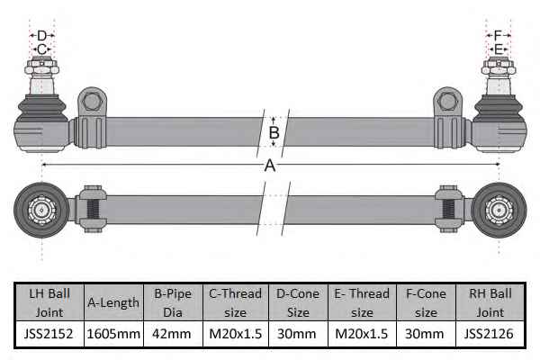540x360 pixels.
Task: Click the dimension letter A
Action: point(270,166)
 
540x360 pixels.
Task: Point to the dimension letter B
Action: point(274,132)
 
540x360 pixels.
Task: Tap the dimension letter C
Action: point(41,49)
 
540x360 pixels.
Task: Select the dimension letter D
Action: point(41,35)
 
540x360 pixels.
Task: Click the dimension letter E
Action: point(498,49)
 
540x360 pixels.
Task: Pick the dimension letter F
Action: point(498,35)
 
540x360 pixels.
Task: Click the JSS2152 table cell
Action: point(49,334)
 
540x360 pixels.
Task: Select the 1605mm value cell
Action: point(113,334)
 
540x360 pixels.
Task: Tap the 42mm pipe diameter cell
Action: point(173,334)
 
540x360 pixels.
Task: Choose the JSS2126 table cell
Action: point(490,334)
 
